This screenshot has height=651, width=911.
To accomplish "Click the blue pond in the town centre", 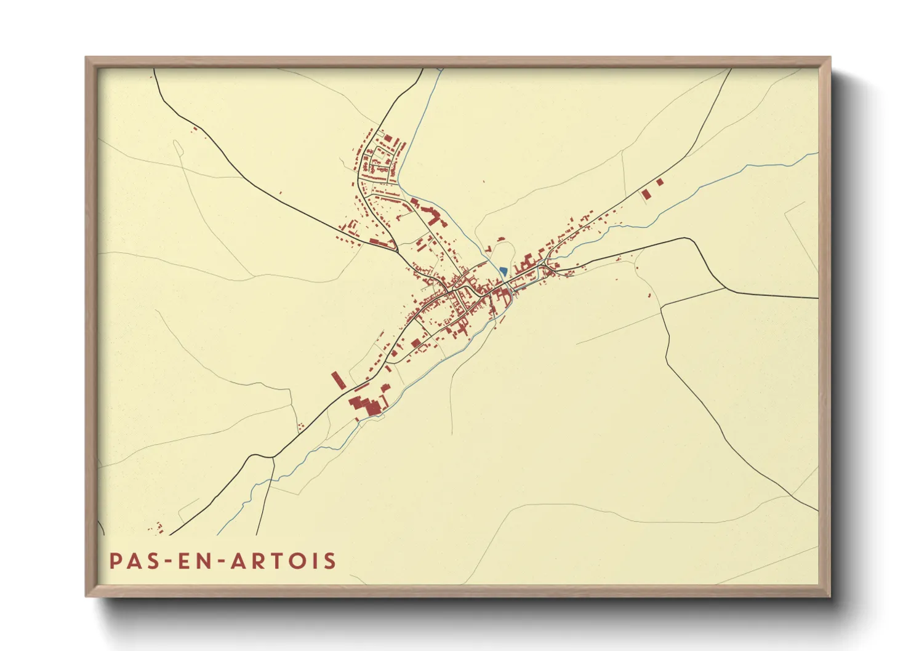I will pyautogui.click(x=504, y=271).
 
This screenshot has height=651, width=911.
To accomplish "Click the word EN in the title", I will pyautogui.click(x=192, y=561).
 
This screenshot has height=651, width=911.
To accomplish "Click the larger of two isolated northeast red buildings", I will pyautogui.click(x=646, y=194).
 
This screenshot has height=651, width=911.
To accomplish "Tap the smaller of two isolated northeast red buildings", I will pyautogui.click(x=660, y=182).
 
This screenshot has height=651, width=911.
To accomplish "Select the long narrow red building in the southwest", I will pyautogui.click(x=337, y=380).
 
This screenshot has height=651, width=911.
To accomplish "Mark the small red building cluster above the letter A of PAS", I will pyautogui.click(x=156, y=527).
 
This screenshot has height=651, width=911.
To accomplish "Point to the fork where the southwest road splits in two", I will pyautogui.click(x=273, y=457).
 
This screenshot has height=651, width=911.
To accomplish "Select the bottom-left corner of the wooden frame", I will pyautogui.click(x=87, y=596).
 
